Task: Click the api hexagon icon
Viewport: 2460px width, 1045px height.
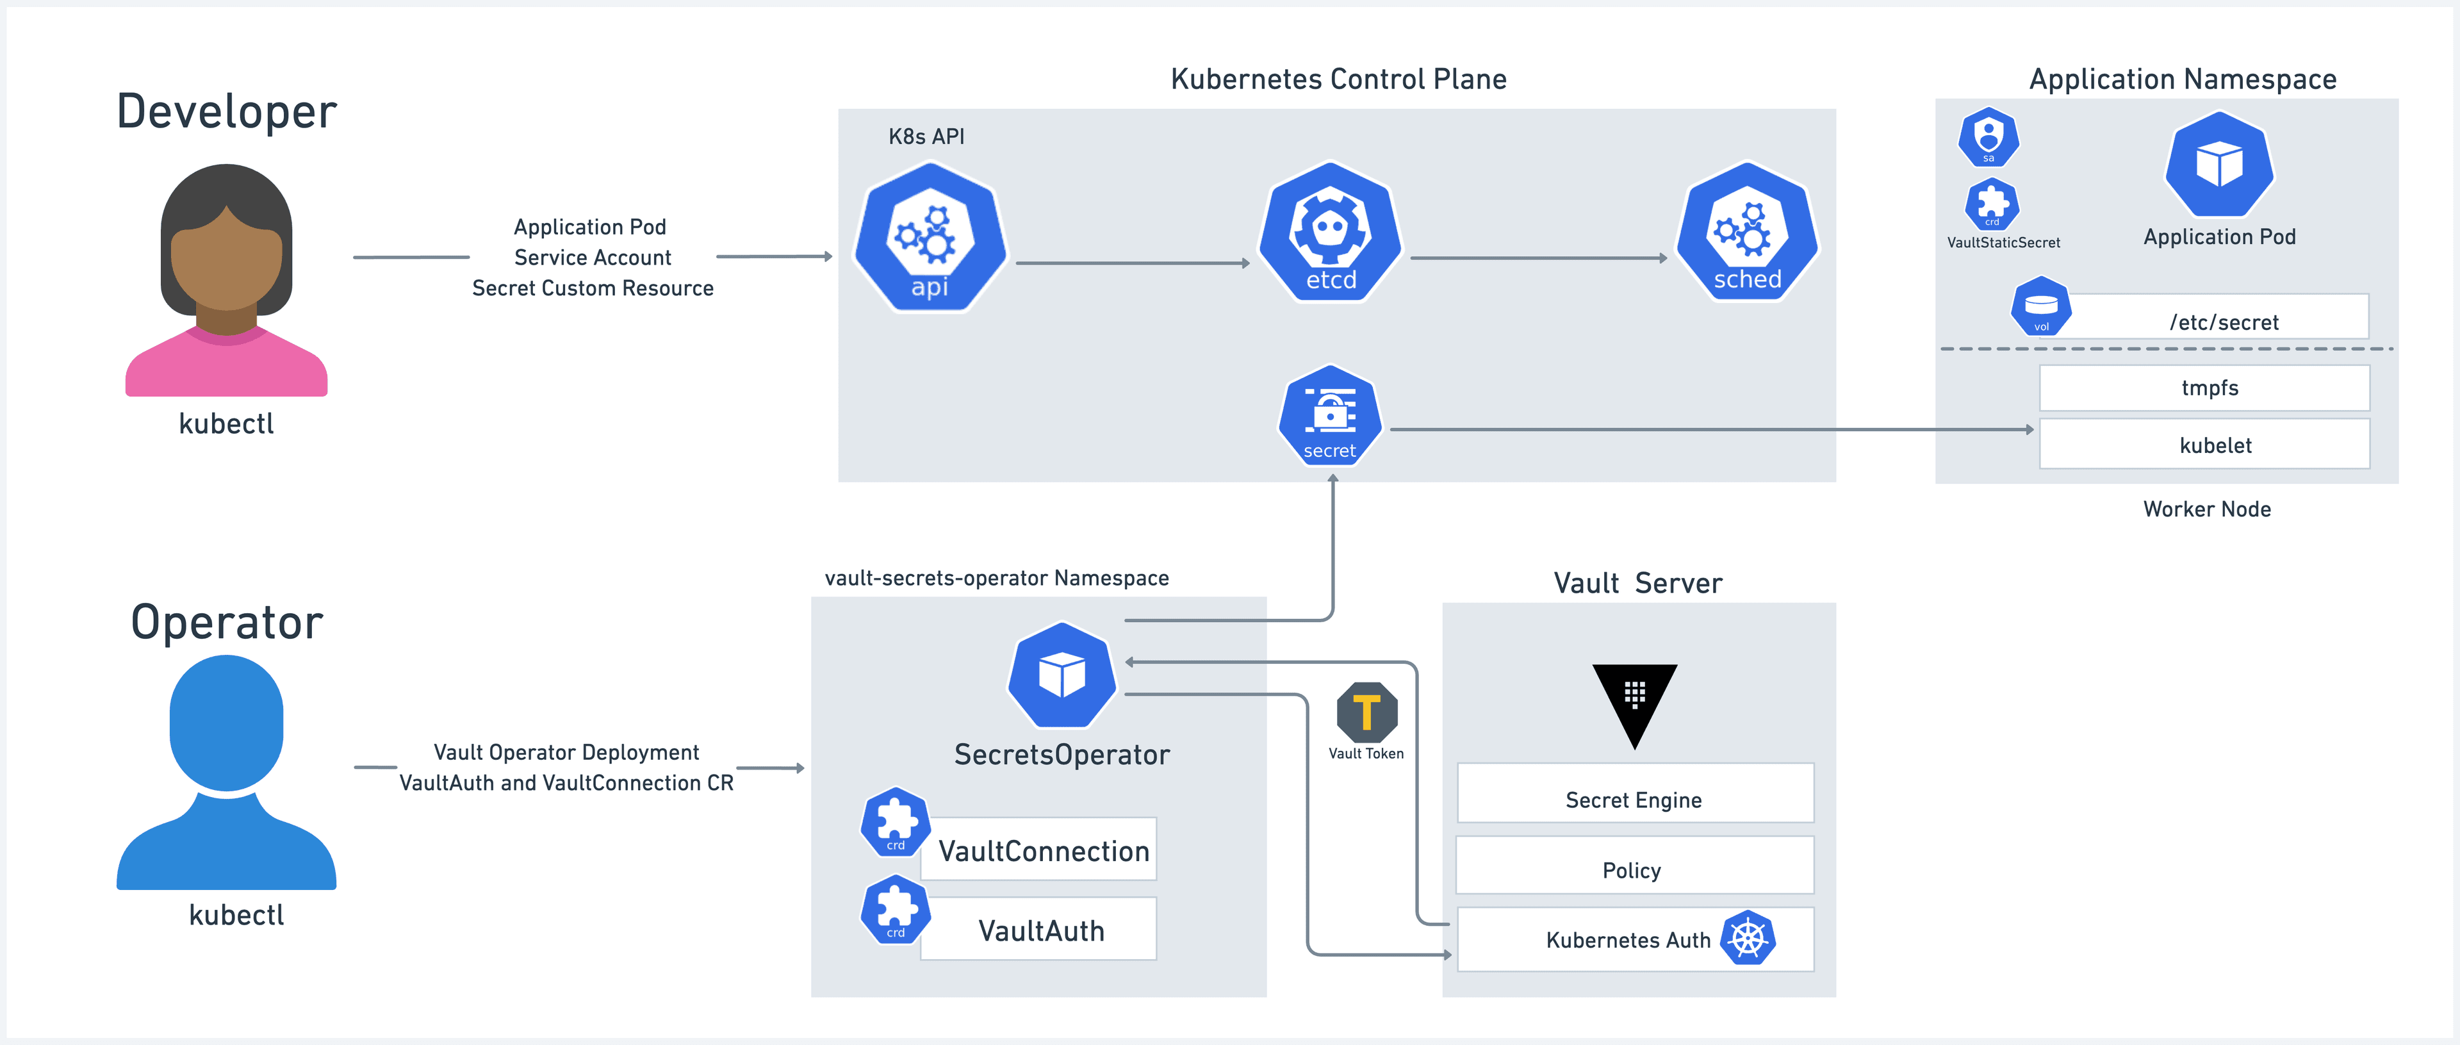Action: (x=929, y=237)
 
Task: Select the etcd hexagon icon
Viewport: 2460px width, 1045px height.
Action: (x=1331, y=232)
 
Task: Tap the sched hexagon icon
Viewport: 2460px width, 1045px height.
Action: (x=1748, y=232)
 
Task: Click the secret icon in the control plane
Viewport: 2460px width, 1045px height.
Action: (x=1331, y=416)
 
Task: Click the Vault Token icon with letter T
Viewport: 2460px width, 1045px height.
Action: (x=1366, y=712)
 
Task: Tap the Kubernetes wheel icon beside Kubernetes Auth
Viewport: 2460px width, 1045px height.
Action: (x=1748, y=938)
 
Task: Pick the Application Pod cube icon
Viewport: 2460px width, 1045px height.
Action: (x=2218, y=164)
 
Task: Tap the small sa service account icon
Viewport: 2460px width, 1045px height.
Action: (x=1988, y=136)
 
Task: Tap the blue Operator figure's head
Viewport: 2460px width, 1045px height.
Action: (x=226, y=721)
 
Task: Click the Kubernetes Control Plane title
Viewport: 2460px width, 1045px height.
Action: (x=1338, y=79)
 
